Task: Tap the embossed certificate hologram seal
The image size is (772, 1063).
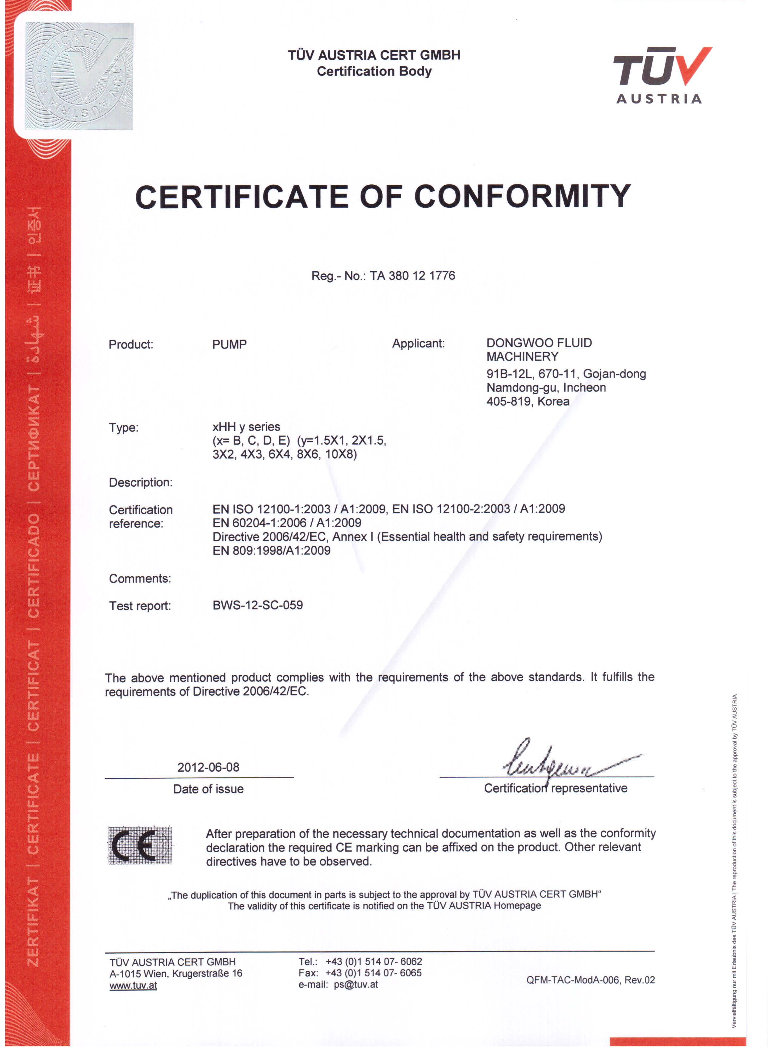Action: point(79,76)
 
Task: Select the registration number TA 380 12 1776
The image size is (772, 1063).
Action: point(412,276)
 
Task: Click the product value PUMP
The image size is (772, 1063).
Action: point(229,345)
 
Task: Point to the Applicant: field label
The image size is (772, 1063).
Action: point(418,343)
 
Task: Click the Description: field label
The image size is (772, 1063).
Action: point(140,482)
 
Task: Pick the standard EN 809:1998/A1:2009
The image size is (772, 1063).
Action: point(271,551)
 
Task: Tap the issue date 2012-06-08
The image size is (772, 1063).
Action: point(208,767)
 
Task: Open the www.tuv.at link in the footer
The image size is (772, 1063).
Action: point(133,986)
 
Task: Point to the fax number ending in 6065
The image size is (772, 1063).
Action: point(373,973)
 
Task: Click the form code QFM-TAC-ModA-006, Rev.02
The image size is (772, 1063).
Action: point(590,980)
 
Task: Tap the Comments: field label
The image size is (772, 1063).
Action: point(140,579)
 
